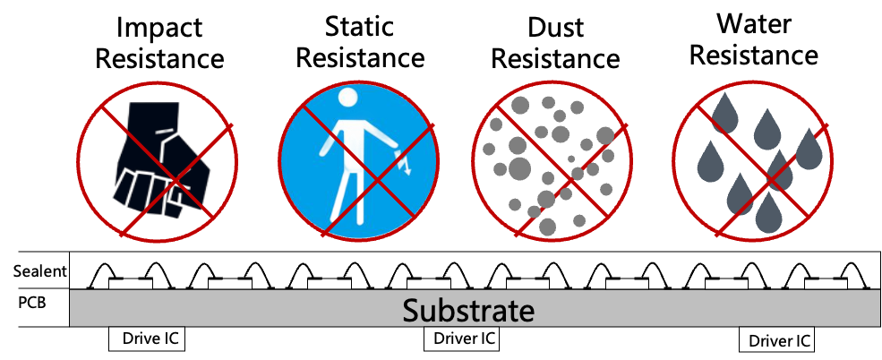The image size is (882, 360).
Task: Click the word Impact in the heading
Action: click(x=159, y=28)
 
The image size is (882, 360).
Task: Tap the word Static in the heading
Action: click(x=359, y=27)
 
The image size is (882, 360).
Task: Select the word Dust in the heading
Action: click(x=555, y=28)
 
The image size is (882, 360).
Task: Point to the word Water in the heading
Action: click(x=754, y=24)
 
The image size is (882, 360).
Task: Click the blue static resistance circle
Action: click(x=358, y=163)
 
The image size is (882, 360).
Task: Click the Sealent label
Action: click(x=40, y=272)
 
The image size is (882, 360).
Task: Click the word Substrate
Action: click(x=468, y=310)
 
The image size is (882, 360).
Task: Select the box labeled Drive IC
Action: click(x=146, y=339)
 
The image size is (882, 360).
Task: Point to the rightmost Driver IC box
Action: click(x=776, y=340)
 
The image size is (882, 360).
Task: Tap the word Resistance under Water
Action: click(x=754, y=56)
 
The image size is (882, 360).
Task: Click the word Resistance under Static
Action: click(x=359, y=58)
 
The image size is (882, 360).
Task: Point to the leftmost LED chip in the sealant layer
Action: click(x=131, y=284)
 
